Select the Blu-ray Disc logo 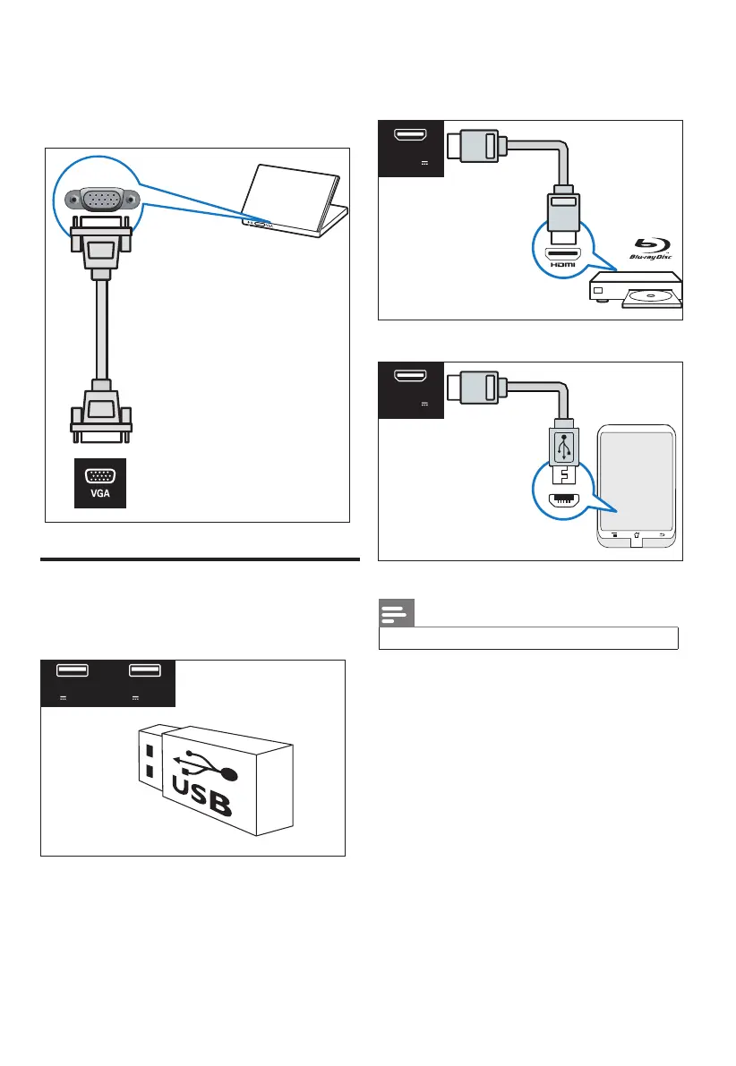[x=651, y=249]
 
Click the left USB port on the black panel [x=70, y=669]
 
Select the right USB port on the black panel [x=143, y=669]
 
